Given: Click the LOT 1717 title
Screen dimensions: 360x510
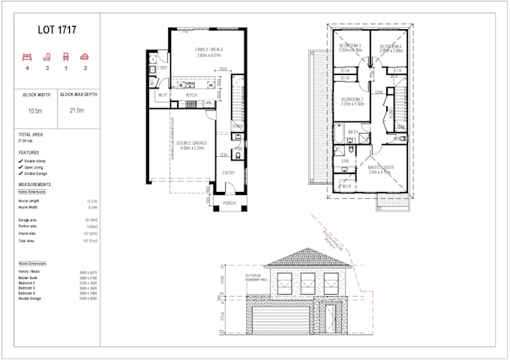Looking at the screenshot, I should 57,31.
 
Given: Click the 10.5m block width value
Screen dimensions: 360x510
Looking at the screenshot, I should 35,109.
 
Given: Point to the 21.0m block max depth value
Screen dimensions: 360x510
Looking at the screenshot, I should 78,109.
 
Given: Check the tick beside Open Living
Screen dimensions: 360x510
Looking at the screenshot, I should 20,167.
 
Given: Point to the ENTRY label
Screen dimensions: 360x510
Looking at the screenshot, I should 228,173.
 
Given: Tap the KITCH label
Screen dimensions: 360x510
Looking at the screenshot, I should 191,95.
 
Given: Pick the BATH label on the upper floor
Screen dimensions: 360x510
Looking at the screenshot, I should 352,132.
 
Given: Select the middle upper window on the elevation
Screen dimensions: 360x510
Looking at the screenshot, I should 307,283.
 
